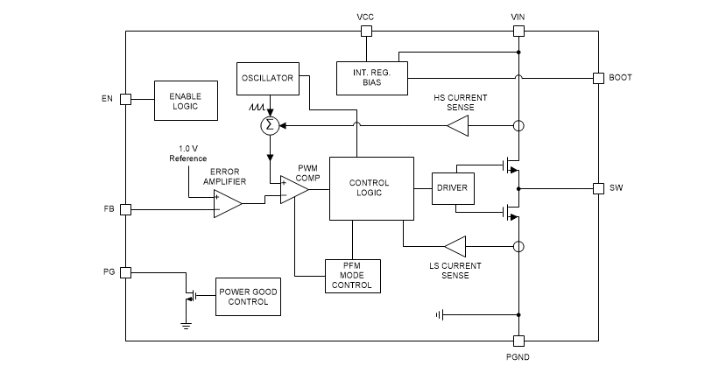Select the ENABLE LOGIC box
pos(185,101)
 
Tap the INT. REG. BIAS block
pos(372,77)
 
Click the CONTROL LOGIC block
pos(370,188)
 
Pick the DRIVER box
pos(452,188)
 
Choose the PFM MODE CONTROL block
pos(352,275)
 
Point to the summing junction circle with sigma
pos(270,126)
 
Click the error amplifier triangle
pos(227,204)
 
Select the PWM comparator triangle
pos(293,189)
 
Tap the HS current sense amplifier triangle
pos(456,126)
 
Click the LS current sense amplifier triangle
pos(455,245)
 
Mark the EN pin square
pos(125,99)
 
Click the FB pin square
pos(125,209)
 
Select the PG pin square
pos(125,272)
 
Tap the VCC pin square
pos(366,32)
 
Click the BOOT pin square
pos(598,78)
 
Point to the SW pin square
pos(598,188)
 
